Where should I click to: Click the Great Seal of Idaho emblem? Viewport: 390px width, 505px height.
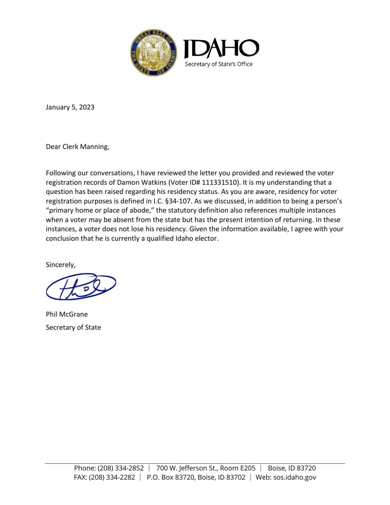(x=154, y=53)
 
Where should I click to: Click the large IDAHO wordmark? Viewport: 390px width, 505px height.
(x=221, y=49)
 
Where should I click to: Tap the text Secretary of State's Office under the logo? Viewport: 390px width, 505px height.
(x=218, y=64)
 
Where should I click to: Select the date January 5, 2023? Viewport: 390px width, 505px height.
(x=70, y=107)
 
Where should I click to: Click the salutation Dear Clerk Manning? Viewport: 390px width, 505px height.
(x=77, y=147)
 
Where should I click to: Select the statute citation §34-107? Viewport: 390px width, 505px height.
(x=179, y=201)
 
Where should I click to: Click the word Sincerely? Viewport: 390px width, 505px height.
(x=60, y=265)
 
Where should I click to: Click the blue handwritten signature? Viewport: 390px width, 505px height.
(x=81, y=286)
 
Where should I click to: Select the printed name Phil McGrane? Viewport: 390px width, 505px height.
(x=67, y=314)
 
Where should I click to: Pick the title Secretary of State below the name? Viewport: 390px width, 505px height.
(x=73, y=327)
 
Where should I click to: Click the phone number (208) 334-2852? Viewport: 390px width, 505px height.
(x=121, y=468)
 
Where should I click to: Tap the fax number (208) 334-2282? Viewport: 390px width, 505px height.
(x=112, y=478)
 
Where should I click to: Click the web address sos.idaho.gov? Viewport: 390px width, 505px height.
(x=294, y=478)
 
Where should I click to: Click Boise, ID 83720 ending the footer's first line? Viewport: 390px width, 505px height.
(x=292, y=468)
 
